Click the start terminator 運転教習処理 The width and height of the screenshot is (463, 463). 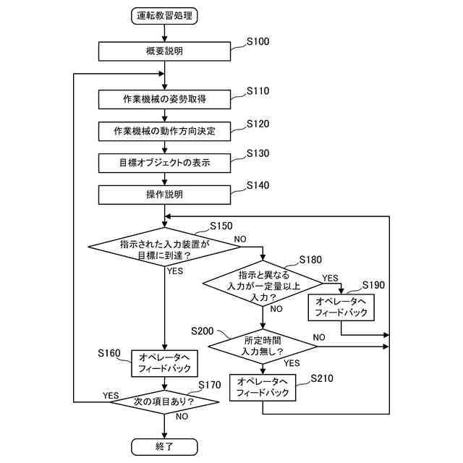164,16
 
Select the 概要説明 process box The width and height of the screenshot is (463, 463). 164,51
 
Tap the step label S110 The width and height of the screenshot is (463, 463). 258,91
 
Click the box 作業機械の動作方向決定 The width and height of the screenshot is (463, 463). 164,131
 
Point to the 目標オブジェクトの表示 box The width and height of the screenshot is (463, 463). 164,163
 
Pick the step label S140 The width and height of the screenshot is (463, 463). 258,185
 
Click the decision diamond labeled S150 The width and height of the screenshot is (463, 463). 164,247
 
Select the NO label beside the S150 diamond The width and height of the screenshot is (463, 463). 240,239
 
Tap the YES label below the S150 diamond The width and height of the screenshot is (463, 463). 175,271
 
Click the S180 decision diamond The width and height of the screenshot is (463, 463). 263,284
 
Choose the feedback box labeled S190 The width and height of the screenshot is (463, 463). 341,307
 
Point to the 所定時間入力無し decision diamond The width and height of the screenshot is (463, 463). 263,347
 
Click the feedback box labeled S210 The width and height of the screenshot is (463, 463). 263,388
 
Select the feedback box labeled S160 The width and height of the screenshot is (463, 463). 164,363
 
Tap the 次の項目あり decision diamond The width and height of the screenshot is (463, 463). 164,402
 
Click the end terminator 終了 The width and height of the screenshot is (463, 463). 164,447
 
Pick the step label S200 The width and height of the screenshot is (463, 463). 203,331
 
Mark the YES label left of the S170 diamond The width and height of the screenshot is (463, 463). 111,396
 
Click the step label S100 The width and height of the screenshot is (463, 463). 258,42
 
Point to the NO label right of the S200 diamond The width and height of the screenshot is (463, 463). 319,337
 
